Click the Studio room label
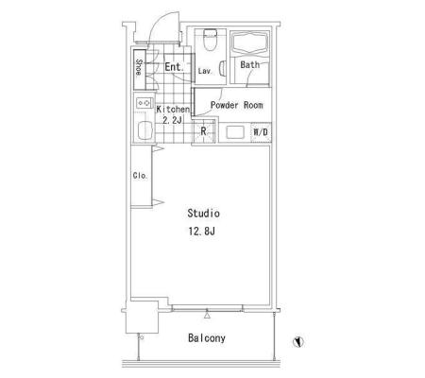(x=203, y=214)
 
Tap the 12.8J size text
(x=202, y=232)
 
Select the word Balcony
(x=207, y=338)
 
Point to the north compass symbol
(x=297, y=341)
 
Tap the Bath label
(x=250, y=65)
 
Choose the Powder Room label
(x=237, y=105)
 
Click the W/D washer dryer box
(x=261, y=132)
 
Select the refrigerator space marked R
(x=203, y=131)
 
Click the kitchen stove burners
(x=144, y=103)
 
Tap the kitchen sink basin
(x=144, y=129)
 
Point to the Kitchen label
(x=173, y=110)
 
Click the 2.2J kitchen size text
(x=172, y=120)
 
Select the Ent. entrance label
(x=174, y=67)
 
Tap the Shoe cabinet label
(x=139, y=67)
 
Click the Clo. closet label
(x=140, y=176)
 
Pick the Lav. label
(x=205, y=71)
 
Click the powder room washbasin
(x=235, y=132)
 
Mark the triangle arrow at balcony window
(x=207, y=315)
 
